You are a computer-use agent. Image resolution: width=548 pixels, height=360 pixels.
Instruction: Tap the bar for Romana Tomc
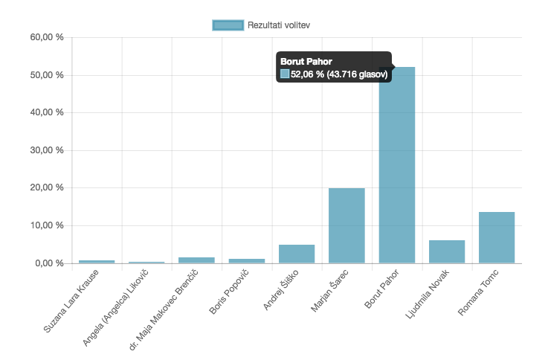point(497,237)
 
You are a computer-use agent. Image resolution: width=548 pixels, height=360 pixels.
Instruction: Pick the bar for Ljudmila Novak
point(447,251)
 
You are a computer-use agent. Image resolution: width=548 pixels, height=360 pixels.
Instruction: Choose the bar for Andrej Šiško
point(297,254)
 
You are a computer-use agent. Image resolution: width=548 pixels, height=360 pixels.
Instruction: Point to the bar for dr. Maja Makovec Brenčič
point(196,260)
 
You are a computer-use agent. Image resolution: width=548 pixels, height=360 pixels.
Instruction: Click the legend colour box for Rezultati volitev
point(228,25)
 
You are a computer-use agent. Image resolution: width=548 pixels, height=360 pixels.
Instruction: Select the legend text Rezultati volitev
point(279,25)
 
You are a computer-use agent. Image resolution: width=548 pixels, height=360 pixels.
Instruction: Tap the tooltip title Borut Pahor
point(306,61)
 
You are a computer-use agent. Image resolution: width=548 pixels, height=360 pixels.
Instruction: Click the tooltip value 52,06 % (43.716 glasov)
point(339,74)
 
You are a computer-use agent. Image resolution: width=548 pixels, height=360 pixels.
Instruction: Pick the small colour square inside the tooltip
point(285,74)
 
